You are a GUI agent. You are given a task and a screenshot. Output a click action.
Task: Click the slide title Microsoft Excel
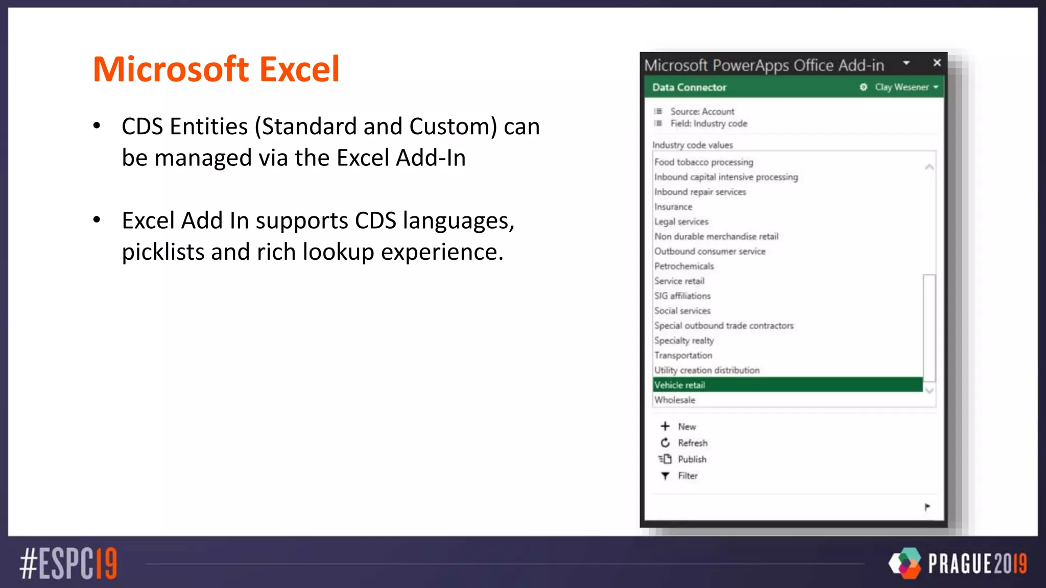tap(216, 69)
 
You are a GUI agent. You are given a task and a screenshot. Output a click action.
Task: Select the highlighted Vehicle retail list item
tap(680, 385)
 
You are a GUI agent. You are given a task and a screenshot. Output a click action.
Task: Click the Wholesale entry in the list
tap(675, 400)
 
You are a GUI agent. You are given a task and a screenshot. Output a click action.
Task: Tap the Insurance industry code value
tap(673, 207)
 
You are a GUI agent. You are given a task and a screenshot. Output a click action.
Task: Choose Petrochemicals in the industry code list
tap(684, 266)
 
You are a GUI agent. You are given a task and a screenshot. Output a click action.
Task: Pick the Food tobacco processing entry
tap(703, 162)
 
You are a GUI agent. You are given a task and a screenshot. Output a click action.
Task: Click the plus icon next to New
tap(665, 426)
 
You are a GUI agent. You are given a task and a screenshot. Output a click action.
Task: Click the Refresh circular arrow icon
tap(665, 443)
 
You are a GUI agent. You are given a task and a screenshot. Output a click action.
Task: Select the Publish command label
tap(692, 459)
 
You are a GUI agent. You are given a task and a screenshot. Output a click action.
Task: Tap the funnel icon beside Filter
tap(665, 476)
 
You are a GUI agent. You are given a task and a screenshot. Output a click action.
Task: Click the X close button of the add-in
tap(937, 63)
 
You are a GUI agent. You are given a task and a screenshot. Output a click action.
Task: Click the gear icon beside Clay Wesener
tap(863, 87)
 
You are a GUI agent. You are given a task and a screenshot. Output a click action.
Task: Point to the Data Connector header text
tap(689, 87)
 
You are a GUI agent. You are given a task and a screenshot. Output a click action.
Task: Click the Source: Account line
tap(702, 111)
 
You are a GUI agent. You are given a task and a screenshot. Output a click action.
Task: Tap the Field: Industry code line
tap(708, 124)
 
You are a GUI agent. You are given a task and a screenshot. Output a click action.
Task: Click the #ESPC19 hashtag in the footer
tap(68, 563)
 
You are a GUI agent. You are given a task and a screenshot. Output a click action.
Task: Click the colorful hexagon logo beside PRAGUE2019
tap(905, 563)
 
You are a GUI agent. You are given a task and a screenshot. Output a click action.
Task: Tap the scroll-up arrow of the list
tap(929, 167)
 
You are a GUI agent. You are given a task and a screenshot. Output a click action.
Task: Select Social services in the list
tap(682, 310)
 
